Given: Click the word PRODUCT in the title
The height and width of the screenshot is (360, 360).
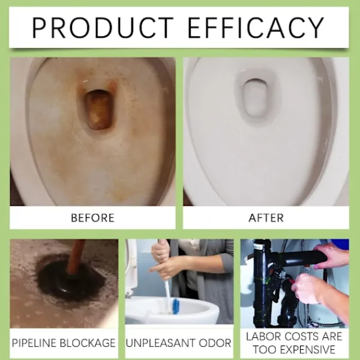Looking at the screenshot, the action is [x=103, y=28].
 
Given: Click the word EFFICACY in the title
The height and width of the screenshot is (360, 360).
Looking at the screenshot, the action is [x=256, y=28].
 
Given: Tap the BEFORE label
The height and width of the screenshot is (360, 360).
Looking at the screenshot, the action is [x=92, y=218].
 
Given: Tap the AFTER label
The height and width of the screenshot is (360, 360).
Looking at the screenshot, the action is [x=266, y=218].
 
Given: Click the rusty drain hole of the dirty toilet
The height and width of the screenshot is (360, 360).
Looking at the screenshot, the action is [x=99, y=109].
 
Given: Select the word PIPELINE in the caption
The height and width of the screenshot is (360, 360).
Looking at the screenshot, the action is [x=34, y=343].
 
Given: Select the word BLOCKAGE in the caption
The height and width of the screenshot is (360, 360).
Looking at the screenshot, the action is [x=88, y=343].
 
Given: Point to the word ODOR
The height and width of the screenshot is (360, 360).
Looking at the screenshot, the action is [x=215, y=343].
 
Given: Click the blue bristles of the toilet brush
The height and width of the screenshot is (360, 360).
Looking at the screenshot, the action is [x=176, y=306].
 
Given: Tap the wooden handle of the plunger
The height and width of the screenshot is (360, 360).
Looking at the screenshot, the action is [x=76, y=256].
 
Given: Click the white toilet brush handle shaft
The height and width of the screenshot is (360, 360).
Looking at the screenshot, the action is [x=167, y=292].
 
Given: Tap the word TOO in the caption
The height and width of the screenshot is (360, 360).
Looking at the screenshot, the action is [x=265, y=350].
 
